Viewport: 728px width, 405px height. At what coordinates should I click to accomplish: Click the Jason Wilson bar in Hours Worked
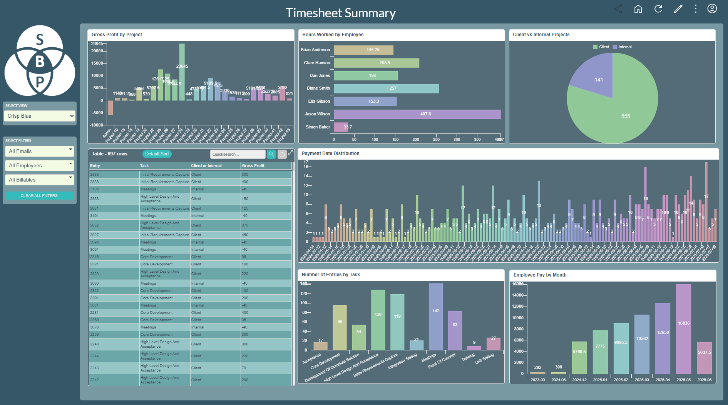(x=417, y=114)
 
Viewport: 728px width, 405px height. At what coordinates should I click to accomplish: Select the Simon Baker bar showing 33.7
(x=340, y=127)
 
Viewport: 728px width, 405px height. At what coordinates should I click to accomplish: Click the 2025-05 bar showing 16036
(x=683, y=329)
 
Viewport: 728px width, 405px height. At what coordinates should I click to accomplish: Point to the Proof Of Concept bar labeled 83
(x=455, y=331)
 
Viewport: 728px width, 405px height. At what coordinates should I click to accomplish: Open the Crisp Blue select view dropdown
(x=40, y=116)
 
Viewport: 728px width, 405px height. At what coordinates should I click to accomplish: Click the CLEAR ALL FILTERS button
(x=39, y=195)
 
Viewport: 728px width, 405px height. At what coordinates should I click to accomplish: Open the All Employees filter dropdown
(x=40, y=165)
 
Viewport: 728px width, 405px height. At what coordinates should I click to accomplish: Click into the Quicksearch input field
(x=237, y=154)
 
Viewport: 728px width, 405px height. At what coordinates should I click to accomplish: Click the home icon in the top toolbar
(x=638, y=9)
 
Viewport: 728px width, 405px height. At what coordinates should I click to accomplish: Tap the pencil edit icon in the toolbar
(x=678, y=9)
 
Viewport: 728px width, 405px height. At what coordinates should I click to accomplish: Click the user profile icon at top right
(x=712, y=8)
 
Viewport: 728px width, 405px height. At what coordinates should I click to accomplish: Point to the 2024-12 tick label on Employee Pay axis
(x=579, y=380)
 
